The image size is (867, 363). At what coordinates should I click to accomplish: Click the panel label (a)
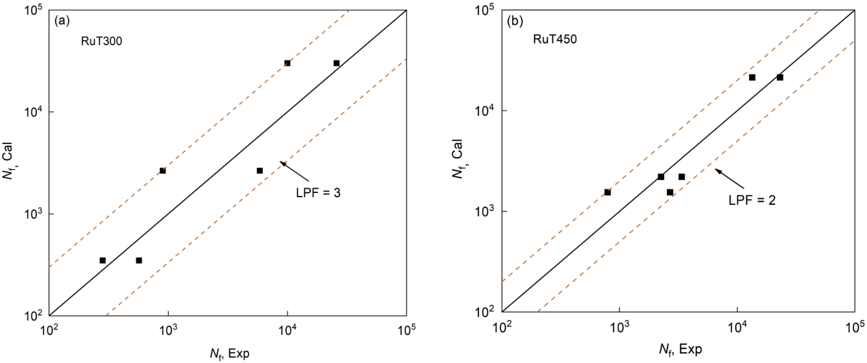62,21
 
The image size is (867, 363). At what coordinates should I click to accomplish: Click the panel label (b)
514,21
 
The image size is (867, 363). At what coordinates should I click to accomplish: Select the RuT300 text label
102,41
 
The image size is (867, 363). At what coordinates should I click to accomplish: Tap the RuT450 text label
555,39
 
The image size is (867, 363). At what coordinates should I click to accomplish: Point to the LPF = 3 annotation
318,193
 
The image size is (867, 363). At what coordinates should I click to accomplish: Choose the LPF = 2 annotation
752,201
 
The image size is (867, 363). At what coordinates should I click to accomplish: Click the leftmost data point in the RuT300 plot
103,260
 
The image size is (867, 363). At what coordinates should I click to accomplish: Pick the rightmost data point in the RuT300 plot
336,63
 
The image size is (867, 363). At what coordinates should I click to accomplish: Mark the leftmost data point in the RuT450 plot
607,192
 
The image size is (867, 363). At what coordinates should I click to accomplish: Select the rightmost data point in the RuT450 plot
780,77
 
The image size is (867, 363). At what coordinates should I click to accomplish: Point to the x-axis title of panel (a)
229,354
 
